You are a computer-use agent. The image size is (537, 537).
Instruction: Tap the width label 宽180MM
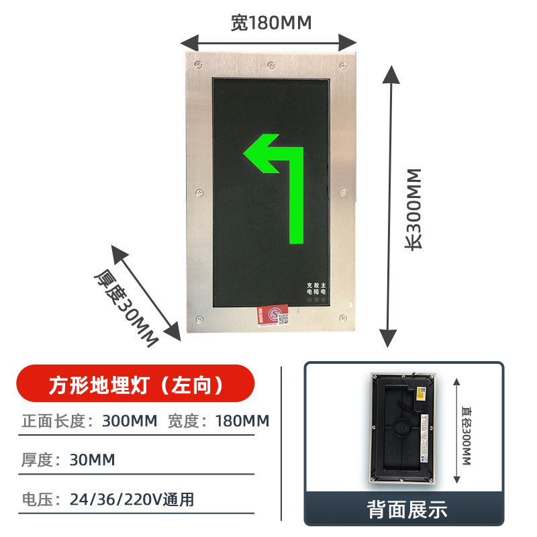click(271, 23)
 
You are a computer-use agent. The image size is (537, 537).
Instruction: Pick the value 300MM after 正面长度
click(130, 422)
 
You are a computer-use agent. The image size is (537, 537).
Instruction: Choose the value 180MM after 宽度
click(242, 422)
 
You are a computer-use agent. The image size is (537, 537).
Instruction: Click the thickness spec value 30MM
click(93, 460)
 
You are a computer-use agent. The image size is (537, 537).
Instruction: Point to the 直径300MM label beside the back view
click(467, 430)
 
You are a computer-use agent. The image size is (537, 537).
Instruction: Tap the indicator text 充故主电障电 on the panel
click(316, 289)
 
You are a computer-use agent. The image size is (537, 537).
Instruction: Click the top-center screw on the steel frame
click(271, 66)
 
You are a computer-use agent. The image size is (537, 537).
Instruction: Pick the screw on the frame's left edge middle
click(199, 193)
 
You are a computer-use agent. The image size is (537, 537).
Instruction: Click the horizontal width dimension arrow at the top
click(268, 42)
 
